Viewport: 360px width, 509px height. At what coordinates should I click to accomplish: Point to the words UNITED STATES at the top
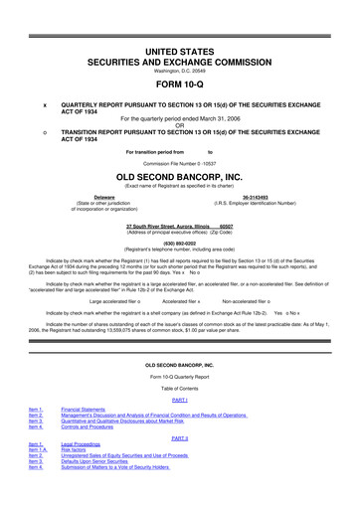pos(180,50)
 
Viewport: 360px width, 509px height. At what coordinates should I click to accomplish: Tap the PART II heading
pos(180,437)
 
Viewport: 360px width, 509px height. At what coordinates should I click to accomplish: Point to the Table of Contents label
pos(180,387)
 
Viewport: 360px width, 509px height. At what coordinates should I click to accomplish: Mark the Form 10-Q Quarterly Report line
pos(180,377)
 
